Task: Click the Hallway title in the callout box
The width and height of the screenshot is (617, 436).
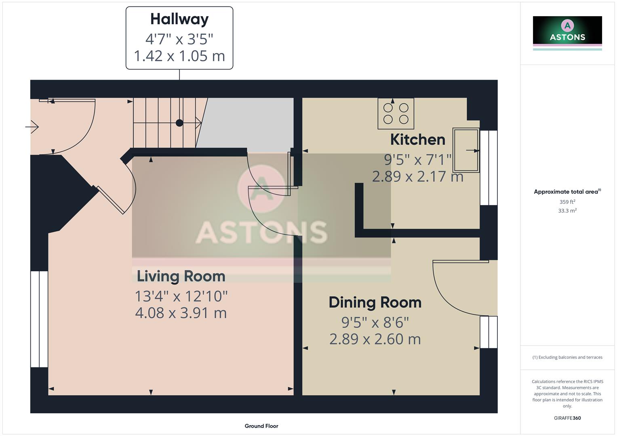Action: coord(179,19)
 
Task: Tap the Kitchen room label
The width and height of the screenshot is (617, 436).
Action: coord(417,140)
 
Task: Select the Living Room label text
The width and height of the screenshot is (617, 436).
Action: coord(181,276)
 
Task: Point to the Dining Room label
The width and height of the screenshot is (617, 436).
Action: coord(375,302)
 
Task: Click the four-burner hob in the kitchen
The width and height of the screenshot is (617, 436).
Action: coord(396,113)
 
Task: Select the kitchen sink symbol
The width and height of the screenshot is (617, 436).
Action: coord(465,150)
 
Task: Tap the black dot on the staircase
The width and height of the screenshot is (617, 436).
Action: coord(179,123)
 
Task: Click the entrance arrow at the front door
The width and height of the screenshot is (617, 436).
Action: coord(32,127)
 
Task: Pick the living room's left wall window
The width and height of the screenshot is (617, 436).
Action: coord(39,319)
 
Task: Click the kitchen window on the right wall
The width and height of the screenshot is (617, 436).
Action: coord(489,168)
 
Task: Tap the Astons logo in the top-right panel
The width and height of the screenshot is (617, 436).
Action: coord(567,30)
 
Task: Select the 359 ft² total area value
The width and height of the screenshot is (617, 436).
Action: coord(567,202)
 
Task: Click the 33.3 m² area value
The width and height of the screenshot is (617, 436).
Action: coord(567,211)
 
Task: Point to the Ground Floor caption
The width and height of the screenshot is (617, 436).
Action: coord(261,426)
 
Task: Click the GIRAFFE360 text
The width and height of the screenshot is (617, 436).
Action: coord(567,418)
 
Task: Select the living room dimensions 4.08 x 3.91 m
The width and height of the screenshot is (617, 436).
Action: coord(181,313)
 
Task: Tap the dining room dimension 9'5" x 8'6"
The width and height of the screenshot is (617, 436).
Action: coord(375,323)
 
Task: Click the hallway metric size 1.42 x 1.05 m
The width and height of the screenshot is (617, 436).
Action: coord(179,56)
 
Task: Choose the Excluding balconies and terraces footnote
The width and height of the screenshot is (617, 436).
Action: coord(567,357)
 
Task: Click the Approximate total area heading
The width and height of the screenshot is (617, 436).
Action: coord(566,192)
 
